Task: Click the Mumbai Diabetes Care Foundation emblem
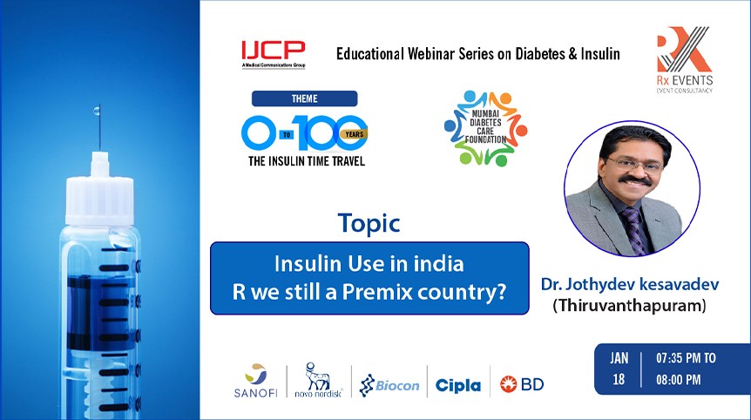click(485, 129)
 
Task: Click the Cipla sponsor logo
click(457, 384)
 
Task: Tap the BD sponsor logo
click(522, 383)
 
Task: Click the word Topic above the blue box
click(369, 223)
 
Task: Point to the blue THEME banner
click(304, 98)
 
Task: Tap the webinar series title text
click(478, 54)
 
